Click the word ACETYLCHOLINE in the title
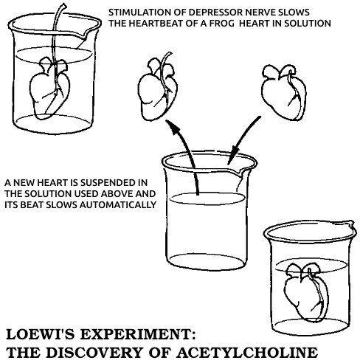[247, 352]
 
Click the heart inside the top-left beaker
[49, 89]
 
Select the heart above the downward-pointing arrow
[284, 92]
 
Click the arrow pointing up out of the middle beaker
[187, 153]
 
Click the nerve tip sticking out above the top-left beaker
[64, 5]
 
